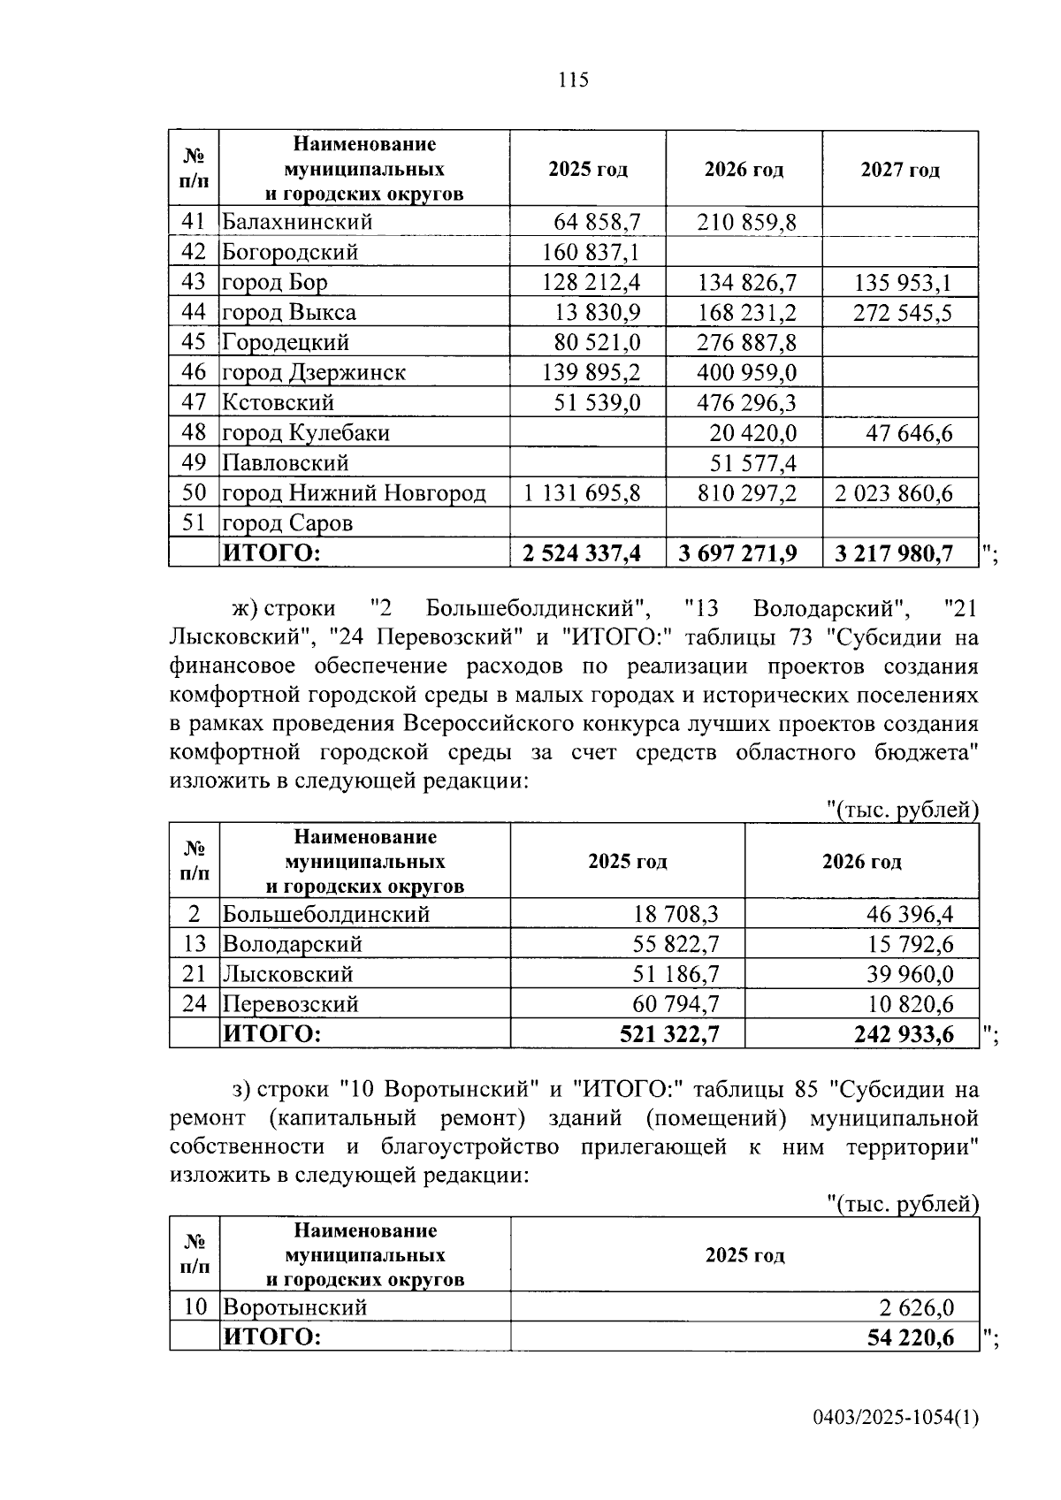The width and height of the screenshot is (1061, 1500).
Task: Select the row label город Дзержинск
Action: point(313,372)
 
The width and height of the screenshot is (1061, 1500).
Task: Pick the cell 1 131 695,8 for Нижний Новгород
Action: point(582,492)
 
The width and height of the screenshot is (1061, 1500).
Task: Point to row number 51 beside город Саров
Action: point(194,522)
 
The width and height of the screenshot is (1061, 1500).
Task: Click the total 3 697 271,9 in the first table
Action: point(737,553)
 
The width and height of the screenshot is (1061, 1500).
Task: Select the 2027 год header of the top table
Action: point(899,170)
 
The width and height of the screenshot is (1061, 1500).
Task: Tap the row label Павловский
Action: point(285,463)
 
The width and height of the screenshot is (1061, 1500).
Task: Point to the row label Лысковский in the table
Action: point(287,974)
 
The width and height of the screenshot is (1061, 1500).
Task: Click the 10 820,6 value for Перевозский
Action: point(910,1004)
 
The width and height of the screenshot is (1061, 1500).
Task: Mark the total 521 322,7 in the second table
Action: point(669,1034)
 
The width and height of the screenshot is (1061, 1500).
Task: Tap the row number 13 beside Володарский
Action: point(194,944)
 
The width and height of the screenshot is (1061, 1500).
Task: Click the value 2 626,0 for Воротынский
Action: point(916,1307)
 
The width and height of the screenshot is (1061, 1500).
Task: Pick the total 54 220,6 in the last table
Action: point(911,1337)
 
